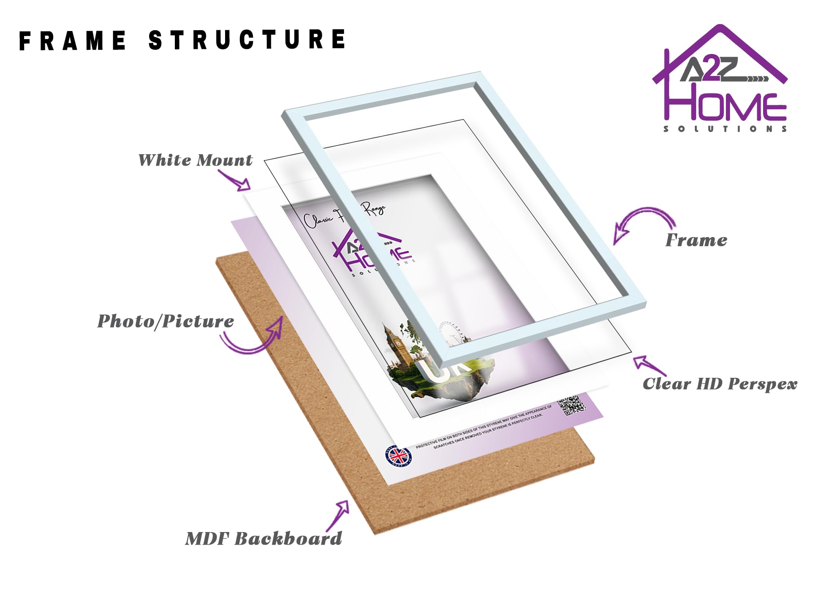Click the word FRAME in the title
click(x=73, y=40)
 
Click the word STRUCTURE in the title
click(x=248, y=40)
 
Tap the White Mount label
click(x=195, y=160)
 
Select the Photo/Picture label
click(x=165, y=322)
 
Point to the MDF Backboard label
click(x=263, y=539)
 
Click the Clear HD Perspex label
click(x=720, y=384)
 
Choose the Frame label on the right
click(x=696, y=240)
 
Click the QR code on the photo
click(x=571, y=405)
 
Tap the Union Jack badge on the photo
click(x=399, y=455)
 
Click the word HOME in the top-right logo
click(x=725, y=106)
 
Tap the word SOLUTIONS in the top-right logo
click(x=725, y=129)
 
